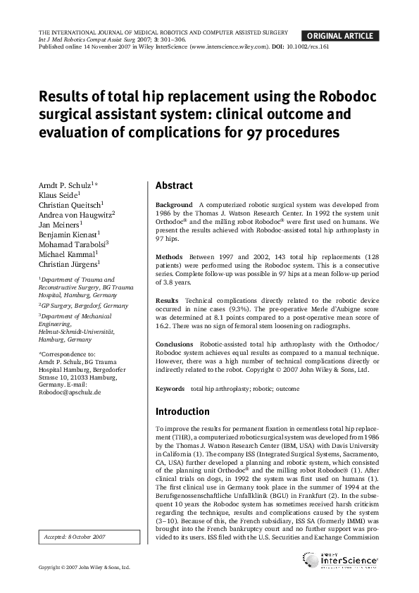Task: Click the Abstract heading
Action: pyautogui.click(x=174, y=186)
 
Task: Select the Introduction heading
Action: pyautogui.click(x=182, y=411)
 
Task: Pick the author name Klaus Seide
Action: pyautogui.click(x=58, y=194)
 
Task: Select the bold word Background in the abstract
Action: pyautogui.click(x=173, y=204)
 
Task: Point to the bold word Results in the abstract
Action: pyautogui.click(x=167, y=300)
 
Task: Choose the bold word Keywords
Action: pyautogui.click(x=170, y=388)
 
